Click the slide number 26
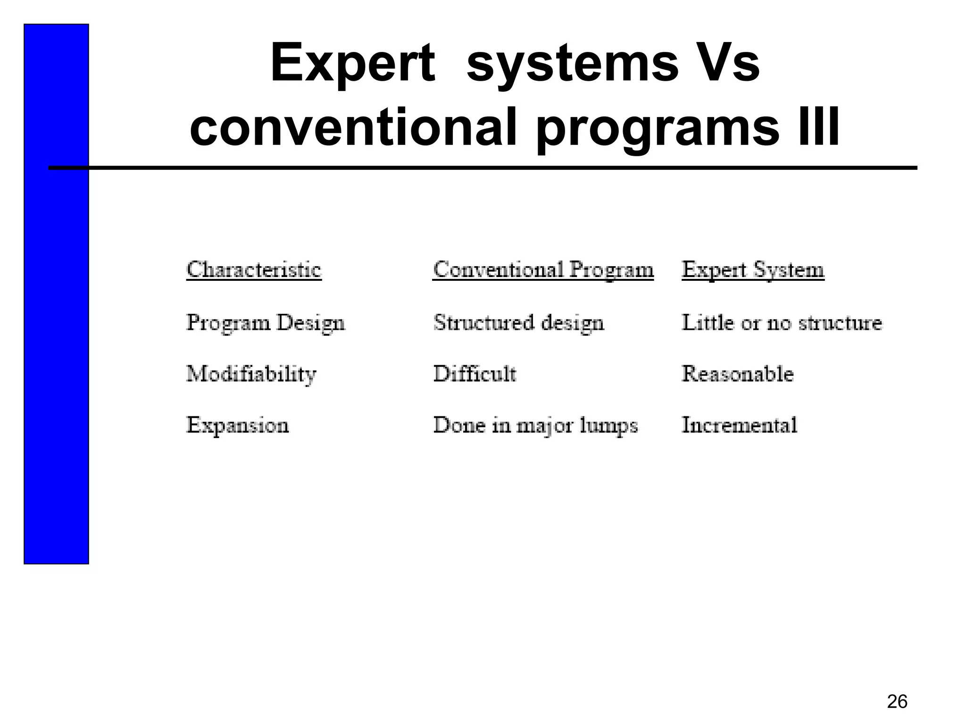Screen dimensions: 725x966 897,701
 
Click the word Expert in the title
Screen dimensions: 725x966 352,64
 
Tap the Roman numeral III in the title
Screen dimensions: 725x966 817,126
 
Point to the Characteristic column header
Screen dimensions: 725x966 254,270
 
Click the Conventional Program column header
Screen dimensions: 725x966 543,270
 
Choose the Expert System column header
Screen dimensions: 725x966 753,270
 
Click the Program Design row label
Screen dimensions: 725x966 266,323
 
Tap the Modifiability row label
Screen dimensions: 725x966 251,374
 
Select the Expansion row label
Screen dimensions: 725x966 237,425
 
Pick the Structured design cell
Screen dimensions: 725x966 518,323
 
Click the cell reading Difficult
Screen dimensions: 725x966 475,374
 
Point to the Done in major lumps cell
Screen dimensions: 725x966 535,425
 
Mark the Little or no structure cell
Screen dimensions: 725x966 782,323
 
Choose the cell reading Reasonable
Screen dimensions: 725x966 738,374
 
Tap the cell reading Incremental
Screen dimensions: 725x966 739,425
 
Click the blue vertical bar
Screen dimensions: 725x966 56,330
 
